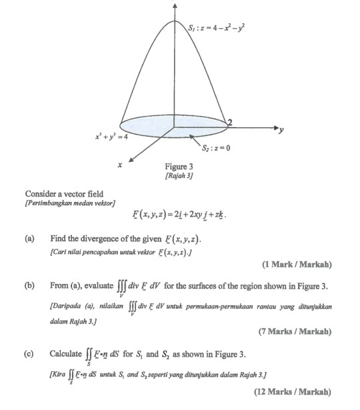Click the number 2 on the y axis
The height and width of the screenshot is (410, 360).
[231, 120]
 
